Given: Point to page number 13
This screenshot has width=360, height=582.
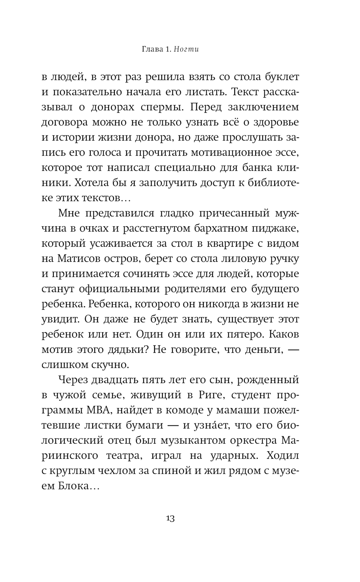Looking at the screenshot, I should coord(170,519).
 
